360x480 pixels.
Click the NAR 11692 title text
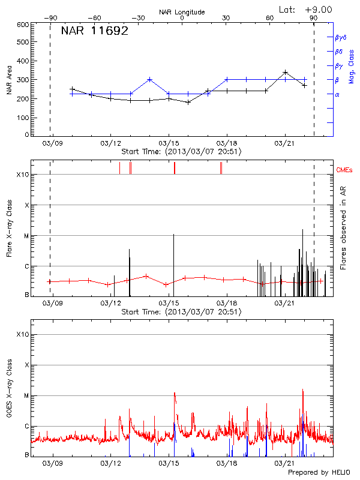[x=94, y=31]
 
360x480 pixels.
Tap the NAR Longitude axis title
[x=182, y=12]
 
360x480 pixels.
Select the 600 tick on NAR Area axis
[x=23, y=25]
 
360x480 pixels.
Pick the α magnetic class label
[x=337, y=94]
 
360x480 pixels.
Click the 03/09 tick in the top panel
[x=52, y=143]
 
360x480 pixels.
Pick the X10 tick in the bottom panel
[x=22, y=334]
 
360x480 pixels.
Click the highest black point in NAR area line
[x=285, y=72]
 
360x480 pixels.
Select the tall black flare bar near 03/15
[x=173, y=264]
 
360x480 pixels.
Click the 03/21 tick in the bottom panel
[x=284, y=463]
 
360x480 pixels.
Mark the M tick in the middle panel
[x=25, y=236]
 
